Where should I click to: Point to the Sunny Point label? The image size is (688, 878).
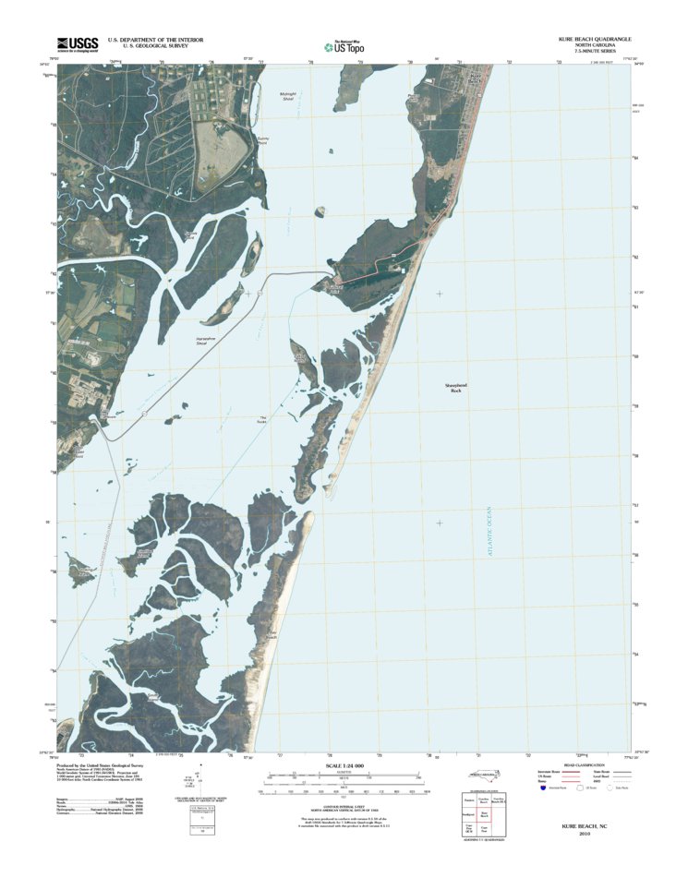tap(261, 141)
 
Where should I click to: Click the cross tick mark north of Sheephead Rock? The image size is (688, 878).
tap(439, 294)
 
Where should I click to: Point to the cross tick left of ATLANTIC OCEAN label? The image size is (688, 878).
tap(439, 523)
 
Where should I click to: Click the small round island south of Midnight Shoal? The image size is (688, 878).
tap(320, 211)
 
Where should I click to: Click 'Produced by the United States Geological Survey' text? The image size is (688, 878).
tap(101, 765)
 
